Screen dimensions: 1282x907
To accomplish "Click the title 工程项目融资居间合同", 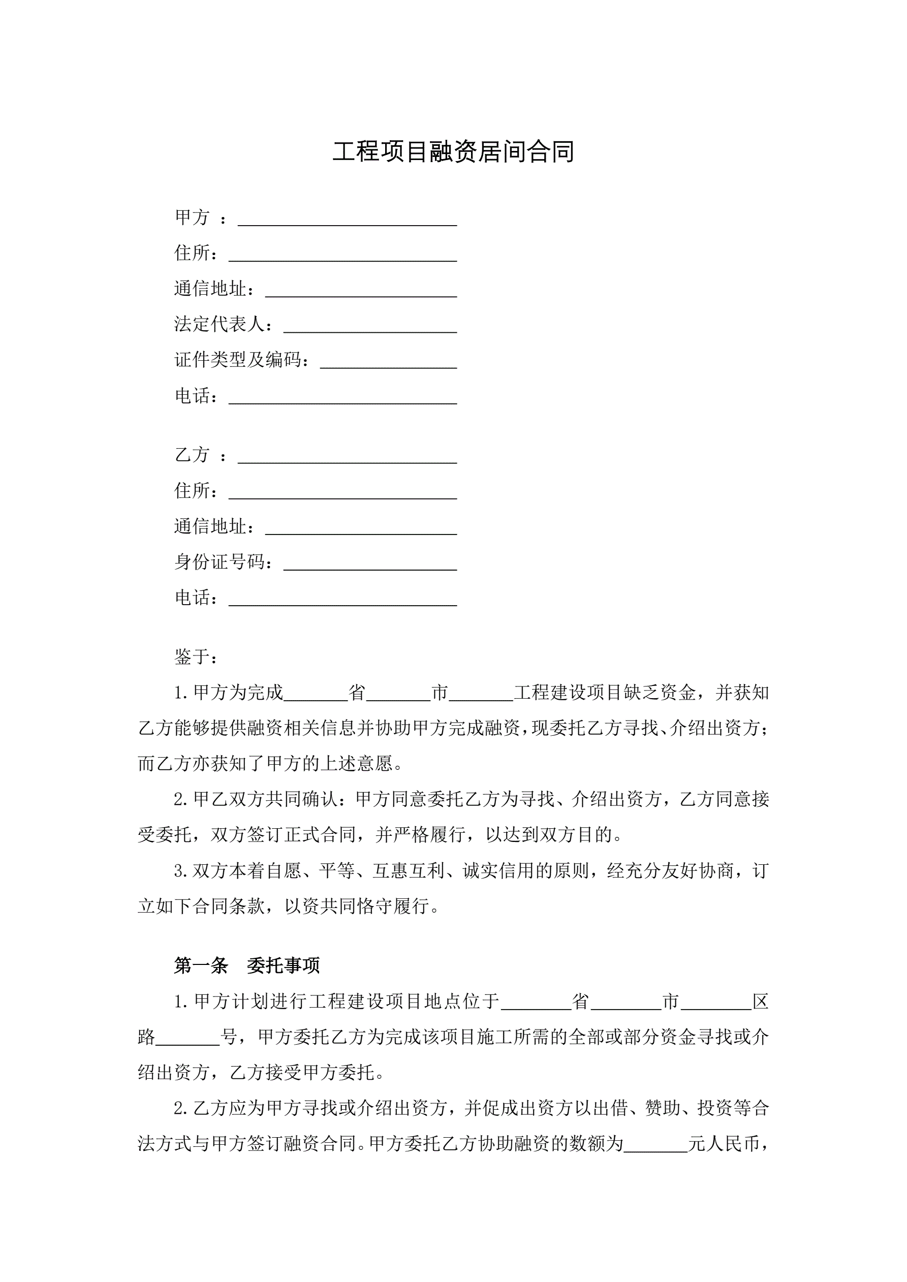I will pos(453,151).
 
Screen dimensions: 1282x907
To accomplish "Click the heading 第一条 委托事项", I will pos(246,966).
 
